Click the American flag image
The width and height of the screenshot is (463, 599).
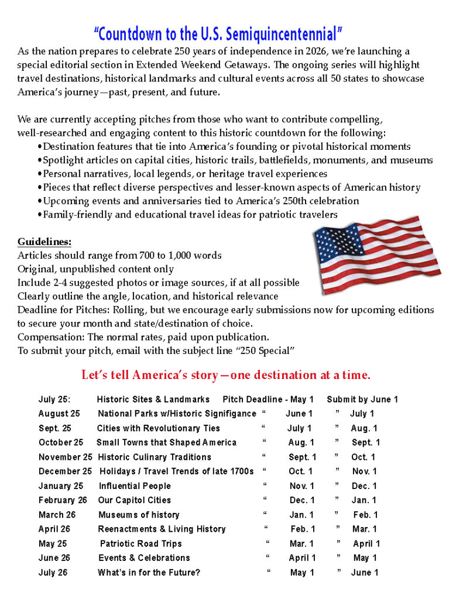376,247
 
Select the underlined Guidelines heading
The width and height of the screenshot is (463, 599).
44,242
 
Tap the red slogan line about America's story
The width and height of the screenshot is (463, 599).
225,374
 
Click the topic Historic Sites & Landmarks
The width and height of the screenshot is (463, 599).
153,400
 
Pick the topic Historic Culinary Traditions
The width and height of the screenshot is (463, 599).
155,457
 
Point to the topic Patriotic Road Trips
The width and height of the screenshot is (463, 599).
141,543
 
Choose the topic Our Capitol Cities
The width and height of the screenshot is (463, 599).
135,500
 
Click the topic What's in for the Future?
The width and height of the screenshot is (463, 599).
149,573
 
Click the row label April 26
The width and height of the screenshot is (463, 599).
54,529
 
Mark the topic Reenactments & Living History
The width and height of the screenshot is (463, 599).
162,529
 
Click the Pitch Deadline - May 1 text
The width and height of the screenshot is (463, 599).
268,400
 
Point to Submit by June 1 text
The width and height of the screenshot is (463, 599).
362,400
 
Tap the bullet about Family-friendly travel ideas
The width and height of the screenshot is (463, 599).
190,215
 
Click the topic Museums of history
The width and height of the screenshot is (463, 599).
139,515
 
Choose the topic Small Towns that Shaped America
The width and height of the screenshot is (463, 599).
166,442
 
